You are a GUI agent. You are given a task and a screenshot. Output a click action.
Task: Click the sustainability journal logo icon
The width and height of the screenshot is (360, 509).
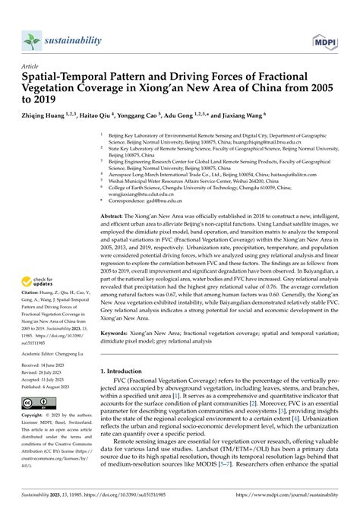(x=32, y=39)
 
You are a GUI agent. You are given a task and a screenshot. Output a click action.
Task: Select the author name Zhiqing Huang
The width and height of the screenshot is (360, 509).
(x=47, y=116)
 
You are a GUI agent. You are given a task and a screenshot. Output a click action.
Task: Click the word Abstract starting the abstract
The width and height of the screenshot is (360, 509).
(x=114, y=217)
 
